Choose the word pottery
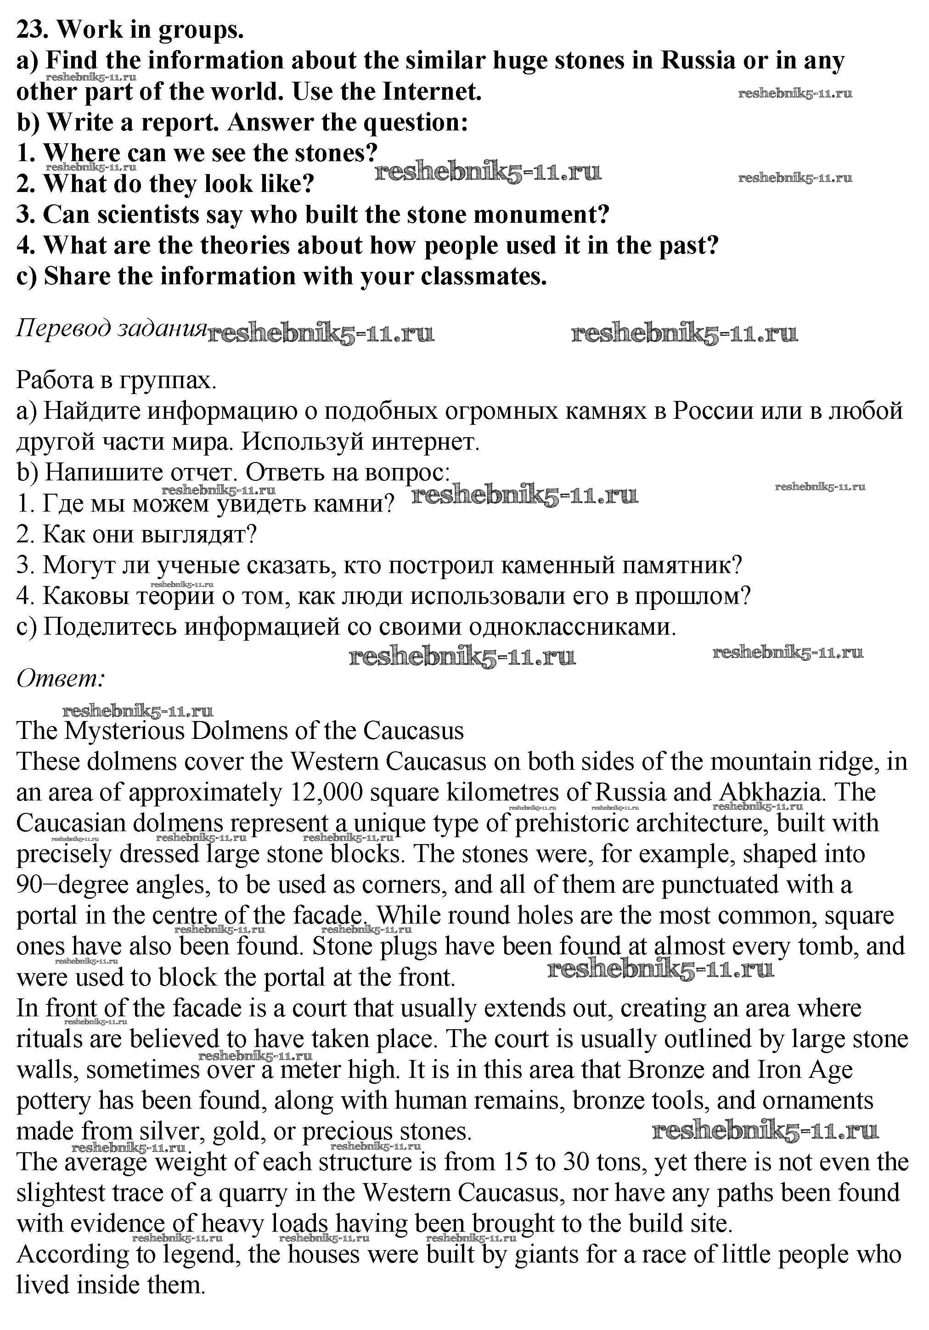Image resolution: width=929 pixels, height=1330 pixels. coord(53,1100)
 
